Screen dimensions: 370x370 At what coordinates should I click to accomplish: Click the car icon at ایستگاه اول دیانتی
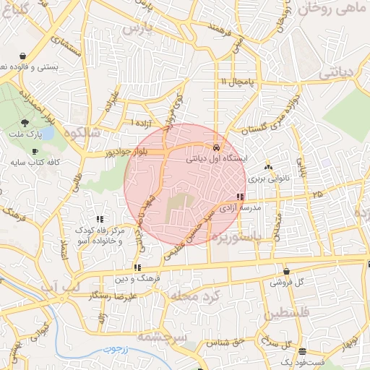[x=207, y=147]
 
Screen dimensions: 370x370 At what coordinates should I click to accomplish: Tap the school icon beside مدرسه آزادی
[x=239, y=197]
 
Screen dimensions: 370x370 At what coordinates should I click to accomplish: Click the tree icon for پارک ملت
[x=25, y=124]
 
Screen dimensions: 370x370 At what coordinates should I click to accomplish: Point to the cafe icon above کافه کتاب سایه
[x=35, y=151]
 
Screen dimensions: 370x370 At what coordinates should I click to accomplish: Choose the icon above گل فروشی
[x=287, y=272]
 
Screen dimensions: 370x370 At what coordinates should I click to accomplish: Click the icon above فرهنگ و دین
[x=137, y=267]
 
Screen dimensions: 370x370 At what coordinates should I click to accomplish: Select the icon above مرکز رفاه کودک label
[x=99, y=218]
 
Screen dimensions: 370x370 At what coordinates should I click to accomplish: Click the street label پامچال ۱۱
[x=238, y=82]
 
